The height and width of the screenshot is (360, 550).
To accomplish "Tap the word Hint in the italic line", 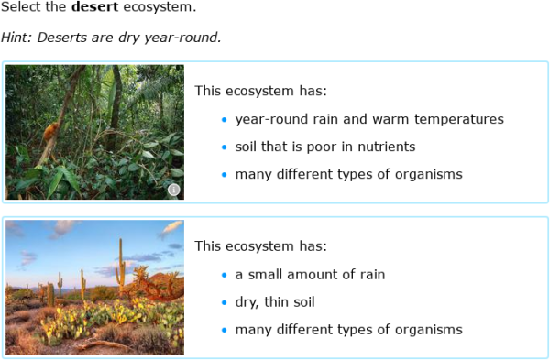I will [x=16, y=38].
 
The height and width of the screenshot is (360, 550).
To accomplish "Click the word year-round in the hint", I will [x=189, y=38].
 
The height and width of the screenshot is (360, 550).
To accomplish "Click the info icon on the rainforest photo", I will [x=173, y=190].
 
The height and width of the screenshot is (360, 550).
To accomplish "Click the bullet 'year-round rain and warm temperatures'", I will [x=368, y=119].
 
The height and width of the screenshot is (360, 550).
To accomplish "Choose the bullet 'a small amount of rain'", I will [x=310, y=274].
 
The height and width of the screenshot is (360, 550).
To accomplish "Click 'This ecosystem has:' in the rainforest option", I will [x=260, y=91].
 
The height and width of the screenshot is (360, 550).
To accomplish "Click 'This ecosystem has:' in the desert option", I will [x=260, y=245].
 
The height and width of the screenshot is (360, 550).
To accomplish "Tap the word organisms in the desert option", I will [x=429, y=329].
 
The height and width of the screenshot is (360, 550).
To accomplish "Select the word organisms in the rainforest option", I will [x=429, y=174].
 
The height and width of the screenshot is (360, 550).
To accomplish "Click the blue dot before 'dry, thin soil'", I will [x=224, y=302].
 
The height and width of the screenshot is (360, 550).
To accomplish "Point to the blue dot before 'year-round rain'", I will [x=224, y=120].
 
